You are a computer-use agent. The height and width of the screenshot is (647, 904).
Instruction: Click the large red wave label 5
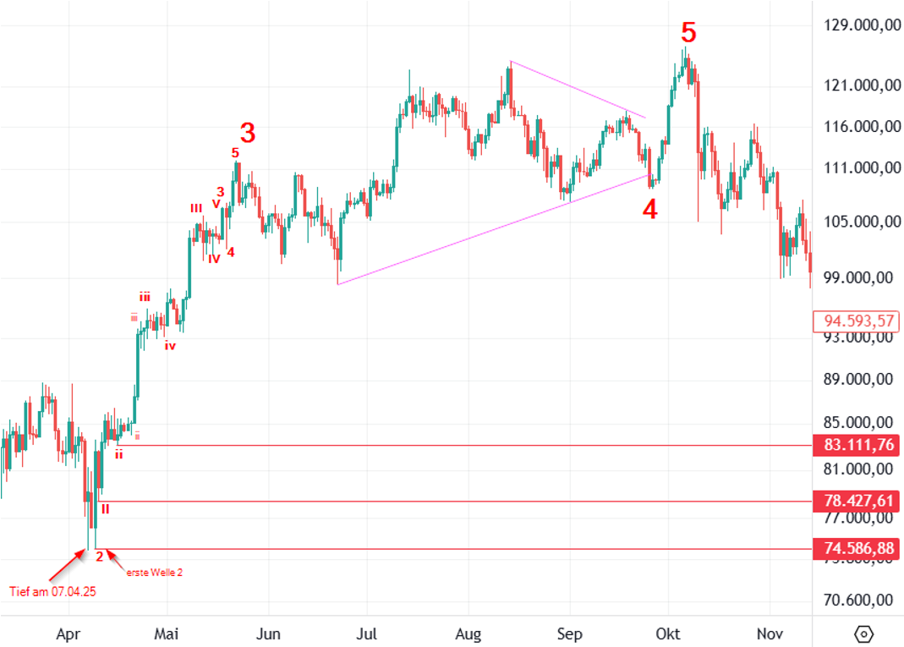[x=689, y=34]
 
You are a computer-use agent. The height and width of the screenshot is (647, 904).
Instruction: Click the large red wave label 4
[x=649, y=210]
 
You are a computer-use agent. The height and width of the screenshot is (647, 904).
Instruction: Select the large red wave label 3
[x=247, y=133]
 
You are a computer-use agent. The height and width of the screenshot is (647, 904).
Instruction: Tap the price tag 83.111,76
[x=855, y=445]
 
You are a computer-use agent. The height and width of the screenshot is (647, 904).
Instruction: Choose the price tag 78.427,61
[x=855, y=501]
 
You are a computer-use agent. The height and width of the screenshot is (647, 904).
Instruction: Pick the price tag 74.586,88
[x=855, y=549]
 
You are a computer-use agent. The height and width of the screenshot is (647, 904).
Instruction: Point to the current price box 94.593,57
[x=855, y=321]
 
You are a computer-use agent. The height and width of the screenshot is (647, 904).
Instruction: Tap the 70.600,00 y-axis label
[x=859, y=601]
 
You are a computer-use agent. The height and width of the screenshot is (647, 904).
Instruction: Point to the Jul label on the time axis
[x=367, y=633]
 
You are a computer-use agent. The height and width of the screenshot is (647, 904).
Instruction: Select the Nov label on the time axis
[x=769, y=633]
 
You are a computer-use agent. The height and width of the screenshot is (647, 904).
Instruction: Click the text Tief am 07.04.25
[x=52, y=591]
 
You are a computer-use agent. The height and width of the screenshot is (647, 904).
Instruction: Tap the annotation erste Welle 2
[x=155, y=573]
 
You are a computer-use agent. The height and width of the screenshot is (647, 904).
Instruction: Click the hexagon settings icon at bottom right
[x=863, y=633]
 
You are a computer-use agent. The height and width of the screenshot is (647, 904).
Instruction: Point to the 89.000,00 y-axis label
[x=859, y=379]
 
